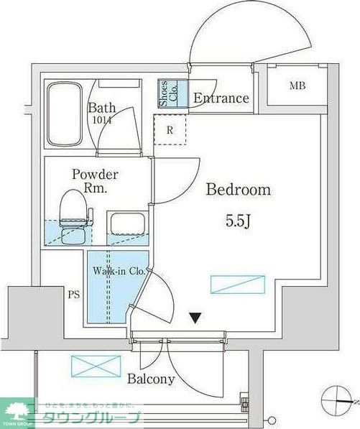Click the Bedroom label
pyautogui.click(x=238, y=190)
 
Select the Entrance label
pyautogui.click(x=221, y=98)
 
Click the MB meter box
pyautogui.click(x=297, y=87)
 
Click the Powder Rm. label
pyautogui.click(x=94, y=181)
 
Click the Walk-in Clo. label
pyautogui.click(x=119, y=272)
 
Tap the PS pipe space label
pyautogui.click(x=73, y=294)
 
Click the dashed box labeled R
pyautogui.click(x=170, y=130)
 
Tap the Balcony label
pyautogui.click(x=152, y=379)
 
